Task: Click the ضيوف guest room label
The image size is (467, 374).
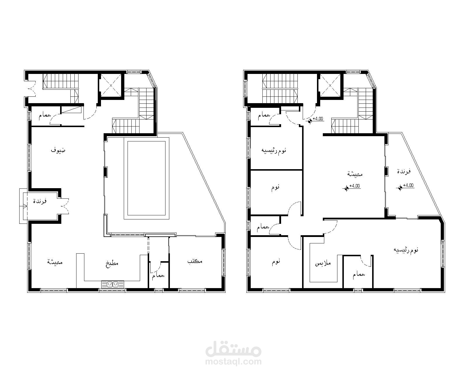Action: pos(58,150)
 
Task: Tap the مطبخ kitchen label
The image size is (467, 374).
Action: pos(112,264)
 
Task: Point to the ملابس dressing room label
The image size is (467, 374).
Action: pos(323,264)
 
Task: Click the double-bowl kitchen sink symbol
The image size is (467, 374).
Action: pos(113,284)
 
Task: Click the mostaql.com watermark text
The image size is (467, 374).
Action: pos(233,362)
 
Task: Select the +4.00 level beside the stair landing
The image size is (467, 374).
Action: pos(316,119)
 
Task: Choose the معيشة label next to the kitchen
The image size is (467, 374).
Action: pos(55,262)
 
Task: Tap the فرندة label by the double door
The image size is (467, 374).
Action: pos(40,201)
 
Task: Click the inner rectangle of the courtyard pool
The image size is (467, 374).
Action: pos(147,178)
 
